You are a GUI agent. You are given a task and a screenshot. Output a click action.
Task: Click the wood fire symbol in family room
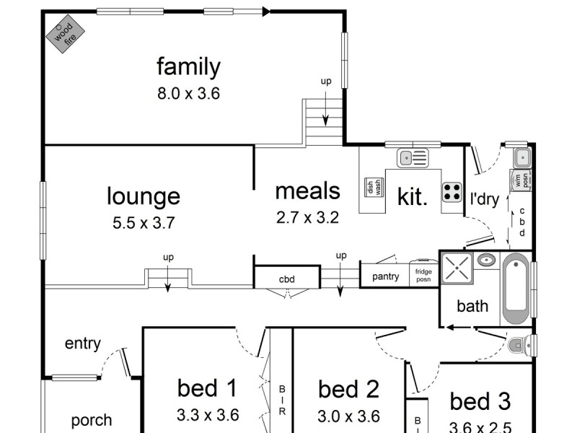pos(66,34)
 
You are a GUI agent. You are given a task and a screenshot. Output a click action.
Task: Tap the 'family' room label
pos(188,67)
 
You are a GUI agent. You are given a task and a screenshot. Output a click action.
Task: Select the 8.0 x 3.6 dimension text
pos(188,93)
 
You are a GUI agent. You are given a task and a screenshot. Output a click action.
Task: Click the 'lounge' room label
pos(144,196)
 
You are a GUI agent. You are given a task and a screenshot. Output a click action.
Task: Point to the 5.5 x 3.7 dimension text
pos(144,223)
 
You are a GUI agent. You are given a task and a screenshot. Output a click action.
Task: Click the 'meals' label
pos(307,191)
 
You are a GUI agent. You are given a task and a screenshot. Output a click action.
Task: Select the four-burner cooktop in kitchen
pos(452,191)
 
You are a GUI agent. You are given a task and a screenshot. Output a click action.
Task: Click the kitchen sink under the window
pos(413,157)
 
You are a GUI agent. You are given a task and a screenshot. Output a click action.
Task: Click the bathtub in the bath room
pos(516,289)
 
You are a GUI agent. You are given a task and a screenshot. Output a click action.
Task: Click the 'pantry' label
pos(386,276)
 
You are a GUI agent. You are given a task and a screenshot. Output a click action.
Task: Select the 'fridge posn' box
pos(423,274)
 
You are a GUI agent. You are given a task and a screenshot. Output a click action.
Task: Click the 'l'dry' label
pos(485,199)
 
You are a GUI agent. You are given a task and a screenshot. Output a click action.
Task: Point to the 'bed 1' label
pos(207,388)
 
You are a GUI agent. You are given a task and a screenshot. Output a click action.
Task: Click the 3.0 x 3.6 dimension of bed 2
pos(348,416)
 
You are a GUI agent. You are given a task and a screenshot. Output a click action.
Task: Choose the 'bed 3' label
pos(480,401)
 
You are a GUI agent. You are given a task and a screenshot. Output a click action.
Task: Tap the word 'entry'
pos(82,344)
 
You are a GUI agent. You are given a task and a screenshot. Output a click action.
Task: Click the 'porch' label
pos(92,420)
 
